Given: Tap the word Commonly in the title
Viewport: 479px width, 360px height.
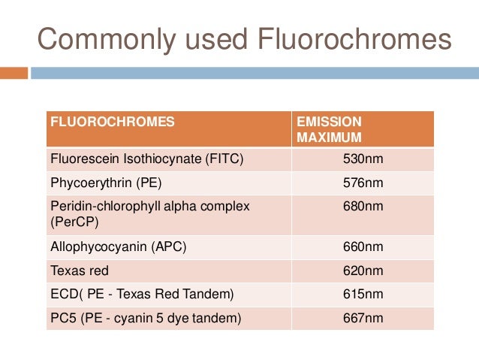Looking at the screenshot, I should pos(93,39).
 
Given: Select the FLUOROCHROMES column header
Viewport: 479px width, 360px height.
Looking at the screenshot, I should pos(112,121).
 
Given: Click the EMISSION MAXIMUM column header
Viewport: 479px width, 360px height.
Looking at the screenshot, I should pos(330,129).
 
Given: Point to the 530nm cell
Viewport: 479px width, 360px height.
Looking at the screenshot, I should pos(364,160).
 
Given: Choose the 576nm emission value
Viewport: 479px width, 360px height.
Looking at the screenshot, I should pos(364,183).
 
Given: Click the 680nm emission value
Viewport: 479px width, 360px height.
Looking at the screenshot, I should pos(364,205).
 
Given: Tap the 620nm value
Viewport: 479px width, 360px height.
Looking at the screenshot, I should pos(364,271).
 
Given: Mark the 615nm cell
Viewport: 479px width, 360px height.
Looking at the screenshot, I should pos(364,295).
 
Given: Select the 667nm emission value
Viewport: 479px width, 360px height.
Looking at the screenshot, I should pos(364,318).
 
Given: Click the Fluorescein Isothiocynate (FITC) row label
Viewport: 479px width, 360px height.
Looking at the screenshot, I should pos(146,160).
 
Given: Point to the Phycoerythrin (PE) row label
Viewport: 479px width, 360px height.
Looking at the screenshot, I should pos(107,183).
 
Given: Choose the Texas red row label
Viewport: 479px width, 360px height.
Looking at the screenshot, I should pos(79,271).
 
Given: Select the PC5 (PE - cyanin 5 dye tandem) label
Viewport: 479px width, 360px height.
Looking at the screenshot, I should pos(146,318).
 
